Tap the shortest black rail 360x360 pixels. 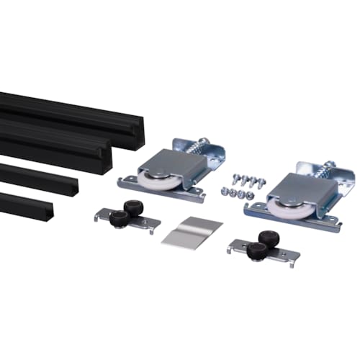point(29,204)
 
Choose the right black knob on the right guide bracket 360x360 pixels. point(269,238)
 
